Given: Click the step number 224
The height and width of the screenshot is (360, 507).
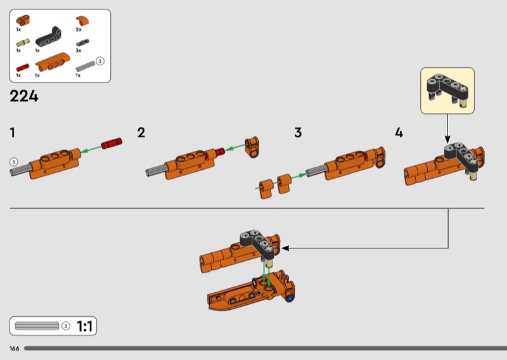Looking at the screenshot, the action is click(24, 96).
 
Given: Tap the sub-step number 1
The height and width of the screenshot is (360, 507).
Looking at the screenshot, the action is click(12, 132).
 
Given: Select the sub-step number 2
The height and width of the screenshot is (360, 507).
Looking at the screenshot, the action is click(141, 132).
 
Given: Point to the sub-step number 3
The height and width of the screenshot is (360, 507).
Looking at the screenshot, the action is click(298, 132).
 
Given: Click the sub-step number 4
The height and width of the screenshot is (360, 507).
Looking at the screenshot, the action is click(399, 132).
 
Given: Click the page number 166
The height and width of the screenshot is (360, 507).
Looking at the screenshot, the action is click(14, 349).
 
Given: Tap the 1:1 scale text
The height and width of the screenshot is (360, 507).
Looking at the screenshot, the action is click(85, 326).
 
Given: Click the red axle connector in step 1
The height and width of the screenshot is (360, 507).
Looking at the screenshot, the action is click(112, 143).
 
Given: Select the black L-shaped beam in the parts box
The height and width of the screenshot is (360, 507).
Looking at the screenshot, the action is click(49, 36).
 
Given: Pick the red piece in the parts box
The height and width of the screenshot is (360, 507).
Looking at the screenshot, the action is click(23, 68).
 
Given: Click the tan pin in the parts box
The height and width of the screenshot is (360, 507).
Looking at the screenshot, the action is click(23, 42).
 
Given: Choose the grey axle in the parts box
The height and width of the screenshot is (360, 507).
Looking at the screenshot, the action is click(86, 67).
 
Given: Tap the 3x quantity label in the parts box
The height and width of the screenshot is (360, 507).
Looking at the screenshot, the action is click(79, 51).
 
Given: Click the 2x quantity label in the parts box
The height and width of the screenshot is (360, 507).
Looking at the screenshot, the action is click(79, 29).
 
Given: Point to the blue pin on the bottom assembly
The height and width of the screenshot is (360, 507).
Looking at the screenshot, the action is click(290, 299).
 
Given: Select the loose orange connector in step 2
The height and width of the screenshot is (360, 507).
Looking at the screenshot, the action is click(252, 146).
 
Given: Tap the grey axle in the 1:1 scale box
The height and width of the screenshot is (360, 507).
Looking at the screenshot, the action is click(37, 326).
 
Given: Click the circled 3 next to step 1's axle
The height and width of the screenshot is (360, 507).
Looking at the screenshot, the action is click(13, 162).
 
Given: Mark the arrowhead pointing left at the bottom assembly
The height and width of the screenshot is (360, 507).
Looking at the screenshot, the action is click(285, 248).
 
